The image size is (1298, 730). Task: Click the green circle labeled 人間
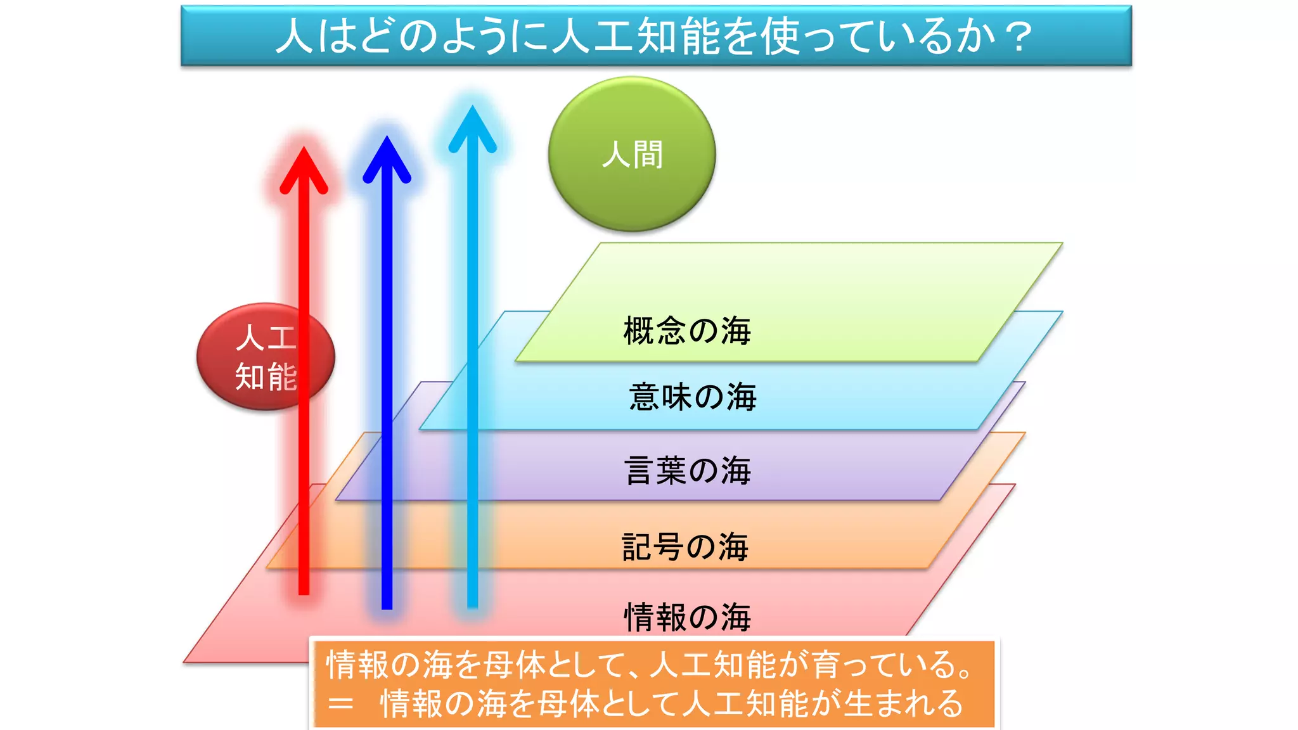(632, 154)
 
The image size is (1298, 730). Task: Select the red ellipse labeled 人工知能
(265, 357)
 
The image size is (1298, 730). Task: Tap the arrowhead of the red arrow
(304, 168)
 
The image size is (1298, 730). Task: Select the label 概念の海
(687, 331)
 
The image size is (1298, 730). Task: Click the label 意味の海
(693, 397)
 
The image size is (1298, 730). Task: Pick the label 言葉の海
(688, 471)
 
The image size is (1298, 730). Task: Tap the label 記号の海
(685, 547)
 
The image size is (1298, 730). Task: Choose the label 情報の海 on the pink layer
(688, 617)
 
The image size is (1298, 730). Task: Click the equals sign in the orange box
(340, 704)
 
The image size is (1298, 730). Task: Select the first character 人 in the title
(295, 36)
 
